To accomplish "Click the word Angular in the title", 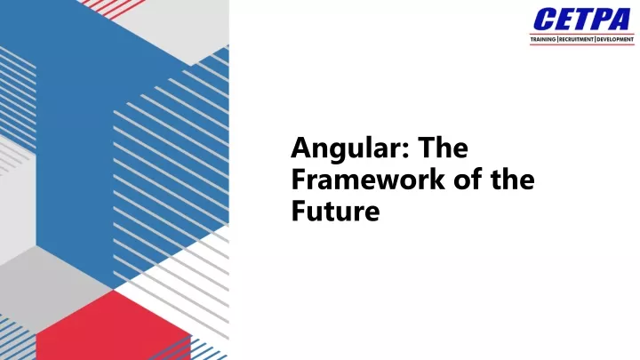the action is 346,149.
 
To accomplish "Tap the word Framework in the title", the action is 368,180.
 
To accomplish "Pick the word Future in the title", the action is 335,212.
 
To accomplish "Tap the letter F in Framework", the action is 299,180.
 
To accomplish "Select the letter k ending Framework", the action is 437,180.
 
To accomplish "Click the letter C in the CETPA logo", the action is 543,20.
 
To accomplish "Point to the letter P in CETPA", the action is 601,20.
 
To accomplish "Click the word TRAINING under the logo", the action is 543,40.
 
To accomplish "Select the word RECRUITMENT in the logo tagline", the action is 576,40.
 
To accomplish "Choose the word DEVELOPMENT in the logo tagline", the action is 615,40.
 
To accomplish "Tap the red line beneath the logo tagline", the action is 582,44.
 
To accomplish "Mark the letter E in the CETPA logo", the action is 563,20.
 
